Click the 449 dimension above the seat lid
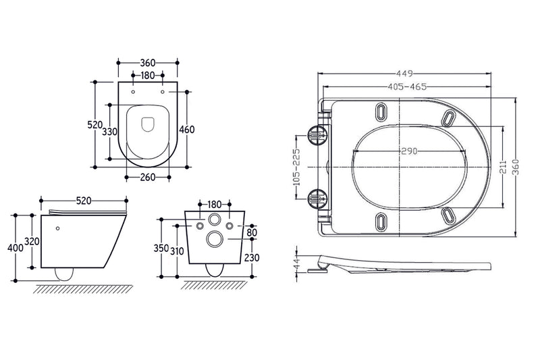point(405,74)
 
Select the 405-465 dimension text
point(405,87)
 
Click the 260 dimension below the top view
point(147,178)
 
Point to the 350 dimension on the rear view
point(161,248)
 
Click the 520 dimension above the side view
point(83,201)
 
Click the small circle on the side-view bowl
point(59,228)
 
